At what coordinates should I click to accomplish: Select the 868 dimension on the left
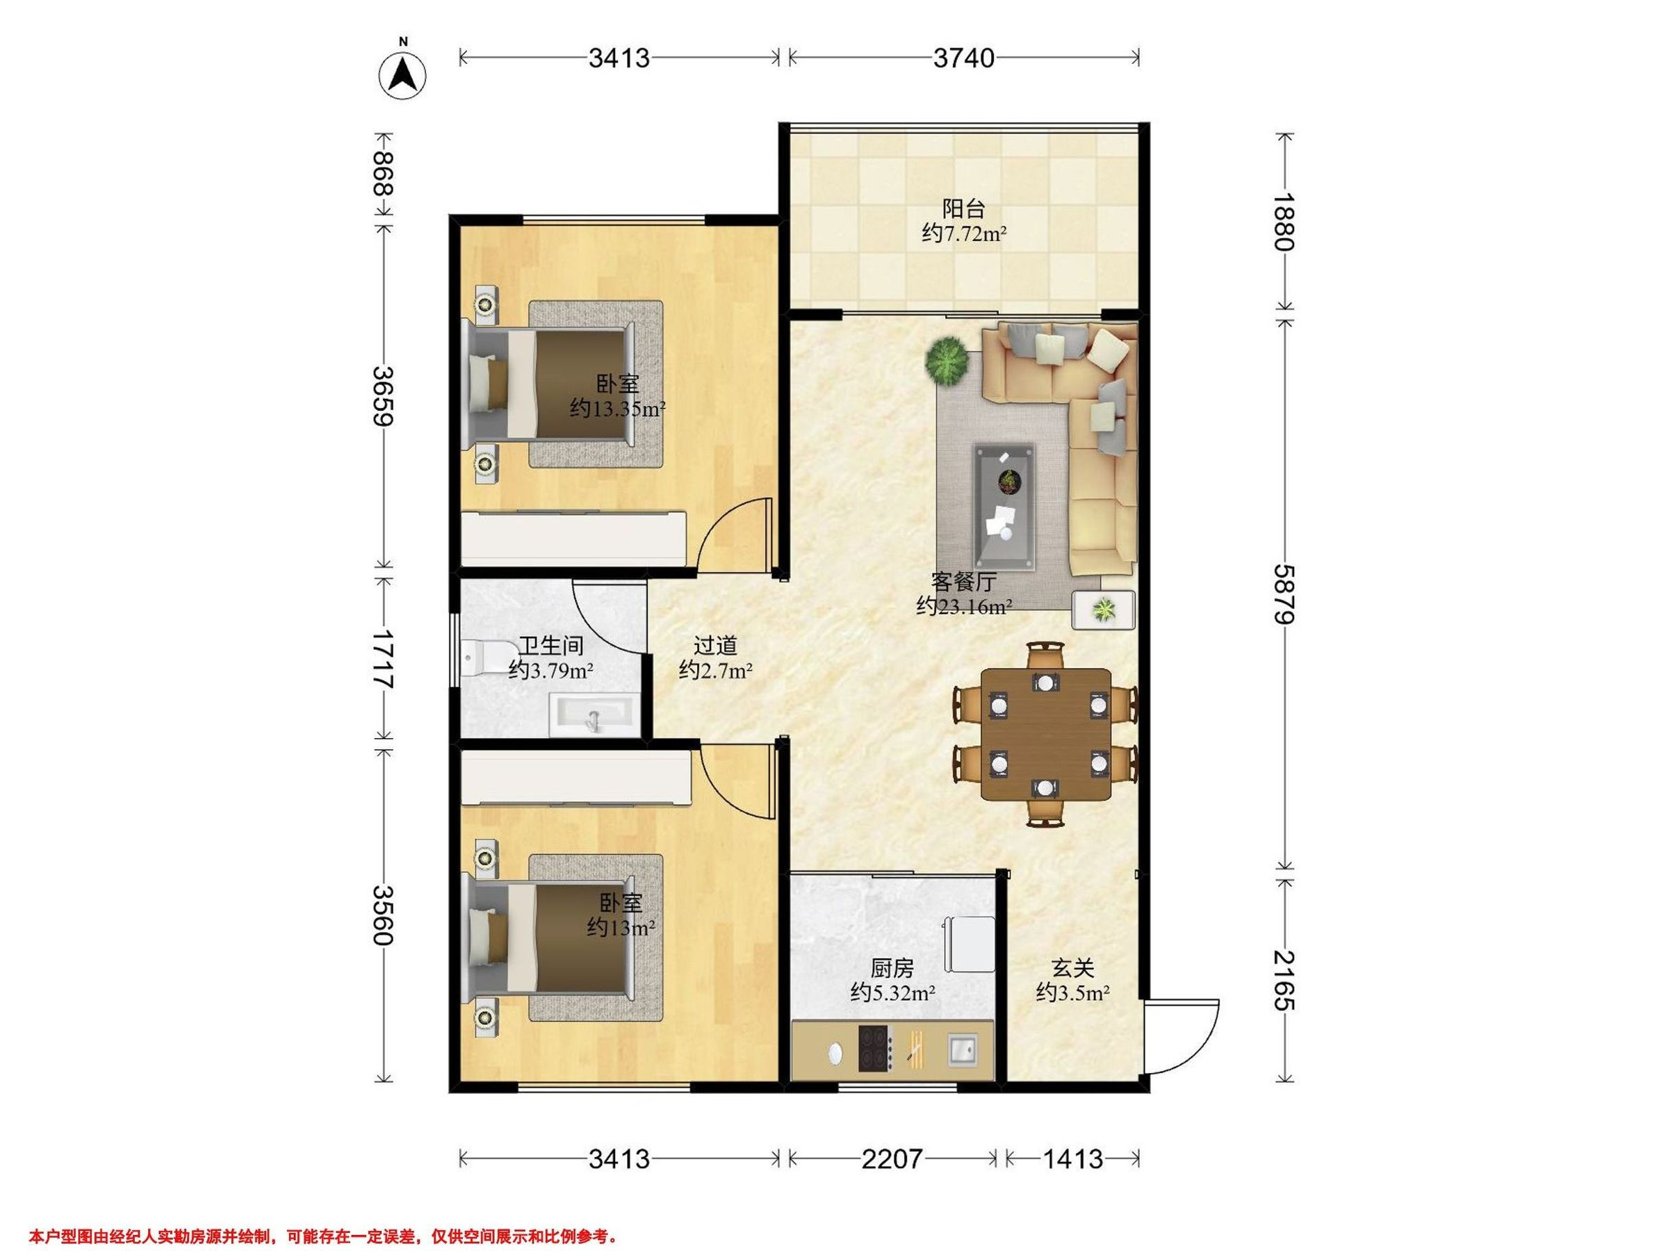tap(384, 174)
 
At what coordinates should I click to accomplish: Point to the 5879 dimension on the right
tap(1284, 594)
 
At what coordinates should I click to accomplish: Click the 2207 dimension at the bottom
tap(892, 1159)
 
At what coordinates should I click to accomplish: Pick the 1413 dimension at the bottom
tap(1072, 1159)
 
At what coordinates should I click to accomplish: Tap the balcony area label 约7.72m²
tap(964, 234)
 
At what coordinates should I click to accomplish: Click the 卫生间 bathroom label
tap(551, 646)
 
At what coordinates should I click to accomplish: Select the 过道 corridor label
tap(715, 646)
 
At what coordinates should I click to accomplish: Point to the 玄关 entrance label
tap(1072, 967)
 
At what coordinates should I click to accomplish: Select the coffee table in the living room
tap(1004, 506)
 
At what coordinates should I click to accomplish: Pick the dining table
tap(1045, 734)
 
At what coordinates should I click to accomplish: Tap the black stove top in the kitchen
tap(874, 1048)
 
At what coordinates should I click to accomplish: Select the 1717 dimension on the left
tap(384, 658)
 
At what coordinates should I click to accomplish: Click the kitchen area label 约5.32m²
tap(893, 993)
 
